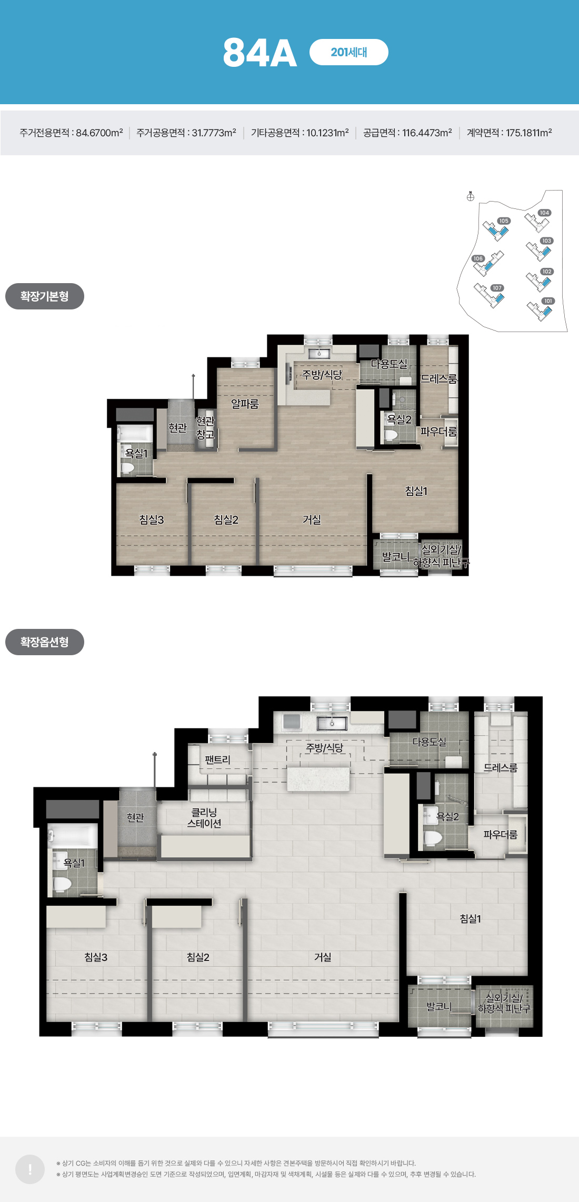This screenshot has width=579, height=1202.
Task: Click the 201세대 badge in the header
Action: coord(349,52)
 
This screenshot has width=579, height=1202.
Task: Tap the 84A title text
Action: coord(260,53)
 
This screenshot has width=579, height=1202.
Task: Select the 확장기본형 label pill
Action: coord(45,296)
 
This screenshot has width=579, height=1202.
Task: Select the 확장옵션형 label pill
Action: coord(45,642)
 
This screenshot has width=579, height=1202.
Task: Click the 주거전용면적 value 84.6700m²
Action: coord(99,133)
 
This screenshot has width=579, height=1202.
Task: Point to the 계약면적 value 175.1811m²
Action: coord(529,133)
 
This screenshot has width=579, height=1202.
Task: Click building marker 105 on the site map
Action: coord(504,221)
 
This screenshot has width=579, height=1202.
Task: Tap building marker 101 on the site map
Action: coord(548,301)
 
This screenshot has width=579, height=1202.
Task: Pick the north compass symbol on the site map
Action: coord(471,196)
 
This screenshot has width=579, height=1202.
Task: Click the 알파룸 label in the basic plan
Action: coord(245,404)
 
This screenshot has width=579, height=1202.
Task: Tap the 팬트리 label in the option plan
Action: coord(217,760)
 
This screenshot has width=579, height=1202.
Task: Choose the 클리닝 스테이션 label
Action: coord(204,818)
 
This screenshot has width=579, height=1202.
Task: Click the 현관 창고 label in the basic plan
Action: coord(205,428)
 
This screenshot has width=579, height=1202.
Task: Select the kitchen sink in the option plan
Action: coord(332,723)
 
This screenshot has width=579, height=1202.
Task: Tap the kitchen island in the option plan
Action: coord(318,779)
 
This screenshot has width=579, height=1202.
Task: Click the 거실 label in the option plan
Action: coord(323,957)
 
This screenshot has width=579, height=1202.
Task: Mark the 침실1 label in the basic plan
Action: coord(416,491)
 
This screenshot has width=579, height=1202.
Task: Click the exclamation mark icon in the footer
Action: coord(30,1169)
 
